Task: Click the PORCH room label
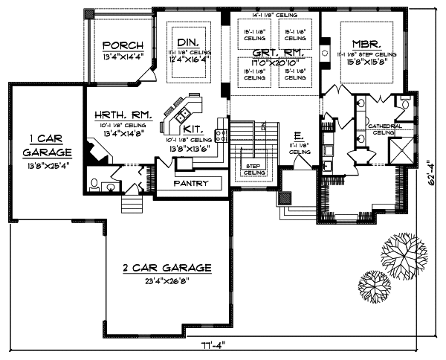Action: pos(118,45)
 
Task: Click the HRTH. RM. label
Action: pos(123,115)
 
